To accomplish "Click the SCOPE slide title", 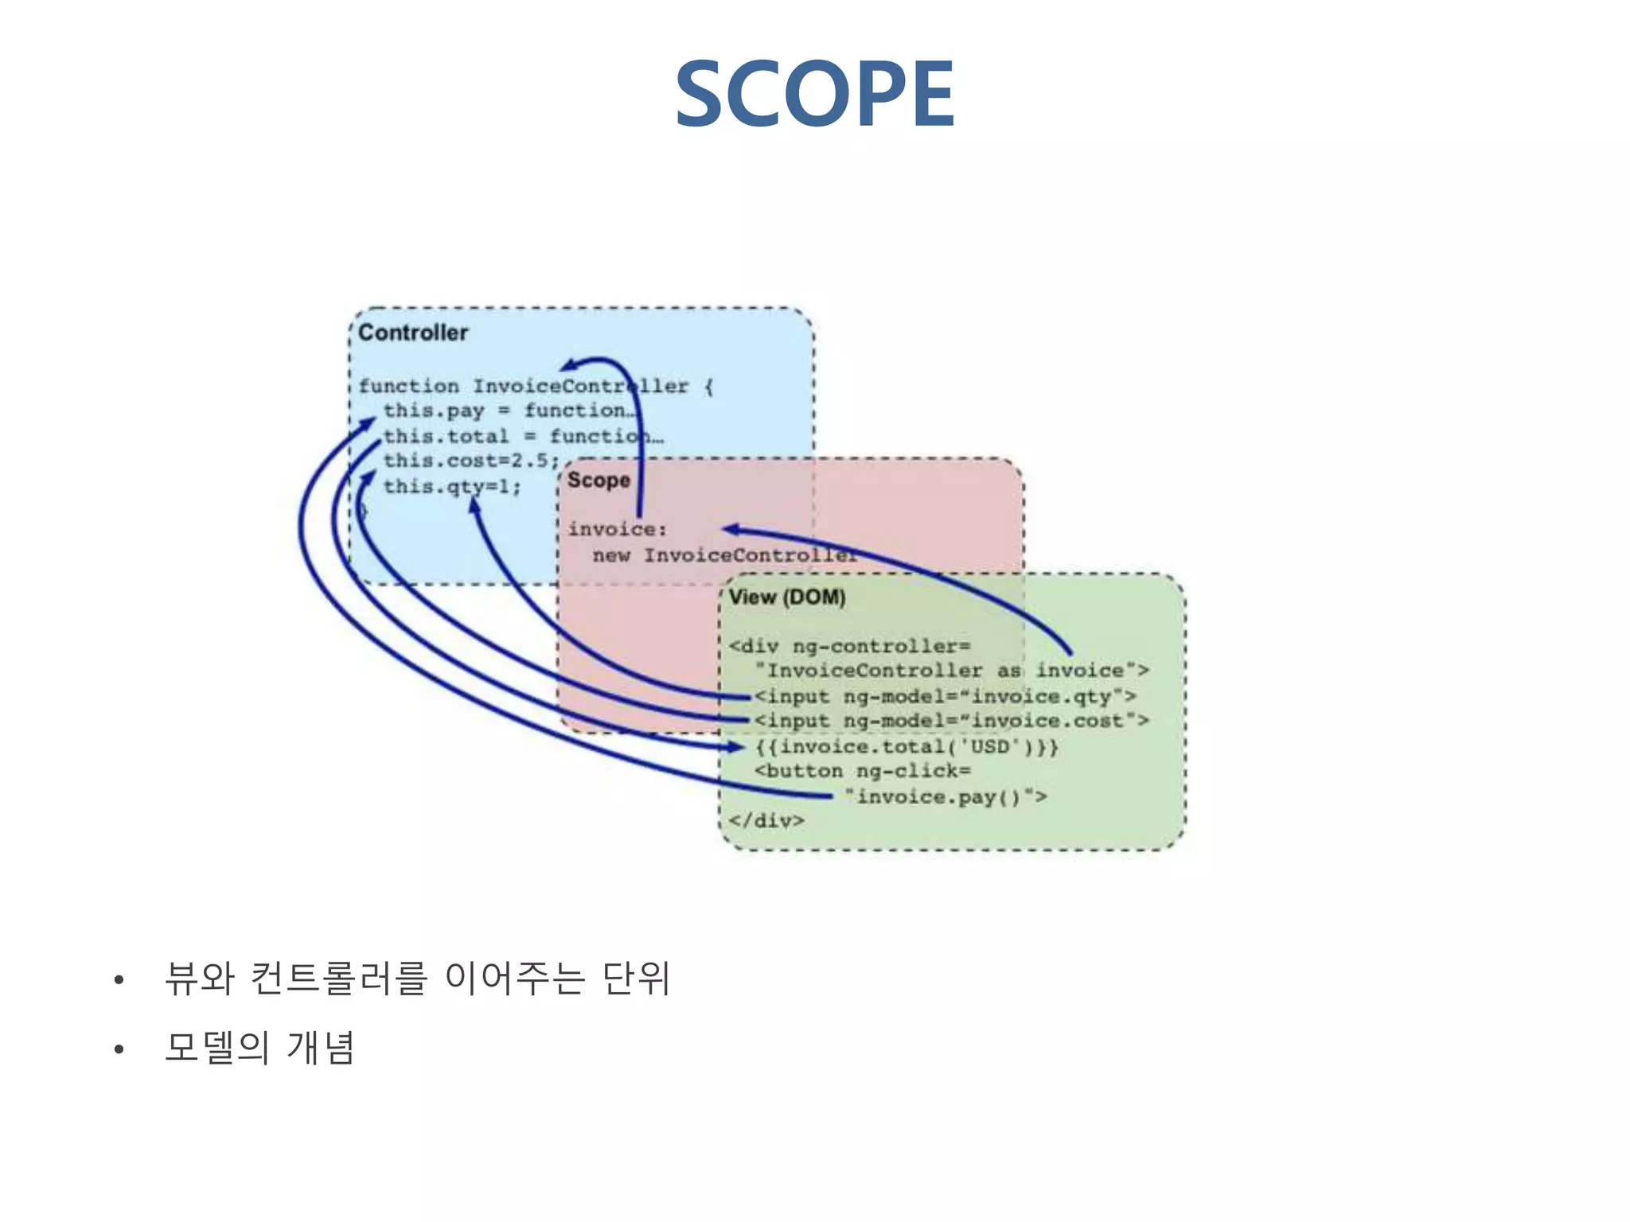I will click(814, 94).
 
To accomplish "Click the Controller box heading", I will click(413, 333).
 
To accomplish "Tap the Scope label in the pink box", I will click(599, 481).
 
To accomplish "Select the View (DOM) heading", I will click(787, 597).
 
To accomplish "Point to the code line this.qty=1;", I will click(452, 486).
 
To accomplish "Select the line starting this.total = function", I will click(521, 436).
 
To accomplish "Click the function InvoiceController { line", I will click(535, 386).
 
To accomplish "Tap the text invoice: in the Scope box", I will click(617, 529).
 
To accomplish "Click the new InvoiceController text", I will click(724, 555).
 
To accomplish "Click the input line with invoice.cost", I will click(951, 721).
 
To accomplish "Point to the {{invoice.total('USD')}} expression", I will click(907, 746).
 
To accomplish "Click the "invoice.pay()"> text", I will click(946, 796).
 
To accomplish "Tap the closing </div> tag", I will click(766, 820).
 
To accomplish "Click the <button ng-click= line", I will click(862, 771).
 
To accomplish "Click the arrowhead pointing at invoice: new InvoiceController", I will click(731, 529).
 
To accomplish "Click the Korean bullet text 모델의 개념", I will click(259, 1047).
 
